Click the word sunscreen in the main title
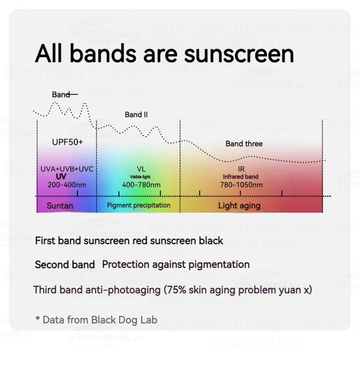tap(239, 54)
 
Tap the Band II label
tap(136, 115)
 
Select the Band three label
tap(244, 144)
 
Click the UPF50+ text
tap(67, 142)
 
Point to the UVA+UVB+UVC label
tap(67, 169)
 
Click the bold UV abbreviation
tap(61, 177)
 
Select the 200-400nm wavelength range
tap(67, 185)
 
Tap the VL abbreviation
tap(141, 169)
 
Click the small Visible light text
tap(140, 177)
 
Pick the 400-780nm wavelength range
tap(141, 185)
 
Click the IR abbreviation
tap(241, 169)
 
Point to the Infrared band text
tap(241, 177)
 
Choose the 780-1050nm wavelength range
tap(241, 185)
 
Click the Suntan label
tap(60, 206)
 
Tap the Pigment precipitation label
tap(139, 205)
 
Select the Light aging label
tap(239, 206)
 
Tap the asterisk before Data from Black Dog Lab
tap(37, 318)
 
